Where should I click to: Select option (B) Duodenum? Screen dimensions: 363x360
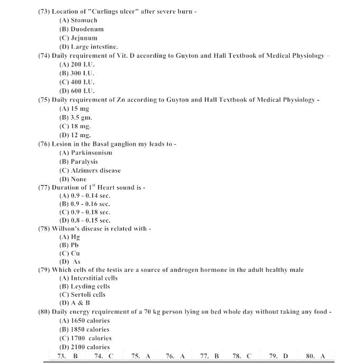82,29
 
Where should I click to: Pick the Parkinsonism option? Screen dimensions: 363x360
85,153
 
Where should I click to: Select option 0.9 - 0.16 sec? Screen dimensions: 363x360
85,203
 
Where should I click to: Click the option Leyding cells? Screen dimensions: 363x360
84,286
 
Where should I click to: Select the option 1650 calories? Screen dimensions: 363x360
84,321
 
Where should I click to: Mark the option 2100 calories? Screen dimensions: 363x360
84,347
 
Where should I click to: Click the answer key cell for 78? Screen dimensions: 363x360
242,356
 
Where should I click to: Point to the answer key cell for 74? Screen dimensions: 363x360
104,356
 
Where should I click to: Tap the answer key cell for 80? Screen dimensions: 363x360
315,356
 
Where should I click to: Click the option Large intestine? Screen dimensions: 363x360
88,47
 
